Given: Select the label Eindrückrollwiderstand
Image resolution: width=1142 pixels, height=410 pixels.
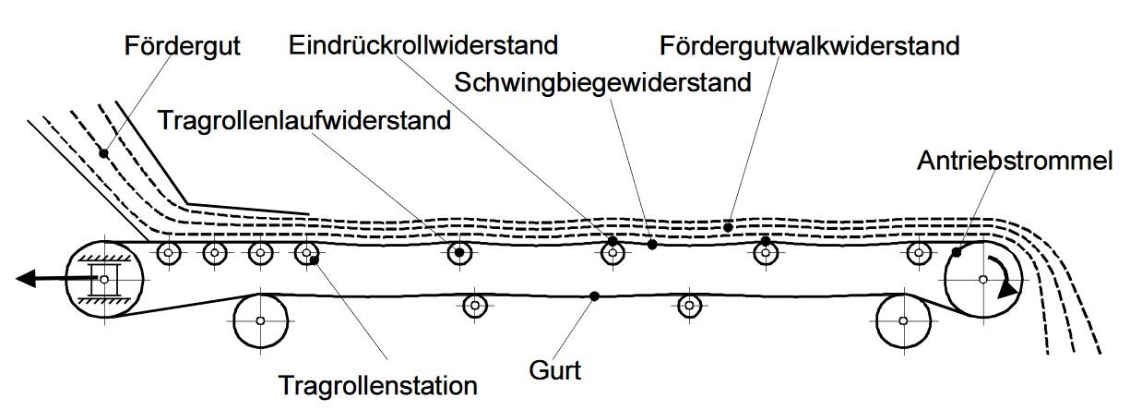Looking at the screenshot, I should [x=423, y=43].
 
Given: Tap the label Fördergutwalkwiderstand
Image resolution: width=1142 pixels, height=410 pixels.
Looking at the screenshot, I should [x=810, y=44].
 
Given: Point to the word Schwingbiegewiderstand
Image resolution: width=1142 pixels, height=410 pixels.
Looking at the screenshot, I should [x=603, y=83].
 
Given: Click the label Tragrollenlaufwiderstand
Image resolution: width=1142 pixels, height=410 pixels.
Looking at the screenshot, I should [x=304, y=120].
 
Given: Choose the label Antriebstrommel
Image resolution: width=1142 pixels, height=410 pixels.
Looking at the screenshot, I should [x=1015, y=161].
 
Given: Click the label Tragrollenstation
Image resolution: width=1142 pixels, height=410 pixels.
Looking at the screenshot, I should [x=377, y=384].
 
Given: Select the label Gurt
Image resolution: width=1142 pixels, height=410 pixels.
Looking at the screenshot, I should [x=555, y=371].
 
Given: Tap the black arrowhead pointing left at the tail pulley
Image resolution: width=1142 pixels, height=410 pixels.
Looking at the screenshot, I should [x=28, y=277].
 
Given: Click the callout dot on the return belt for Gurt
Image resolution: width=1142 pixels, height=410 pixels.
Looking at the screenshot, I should [x=594, y=295].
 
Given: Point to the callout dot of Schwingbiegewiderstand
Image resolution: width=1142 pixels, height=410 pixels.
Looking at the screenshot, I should [x=652, y=245].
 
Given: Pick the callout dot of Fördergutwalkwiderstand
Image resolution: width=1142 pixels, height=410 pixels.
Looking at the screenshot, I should [x=728, y=226].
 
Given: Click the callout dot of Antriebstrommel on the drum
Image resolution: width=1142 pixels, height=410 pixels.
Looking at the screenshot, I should [x=958, y=251].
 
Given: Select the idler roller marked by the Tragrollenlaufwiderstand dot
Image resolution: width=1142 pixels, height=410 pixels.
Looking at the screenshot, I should [x=458, y=252].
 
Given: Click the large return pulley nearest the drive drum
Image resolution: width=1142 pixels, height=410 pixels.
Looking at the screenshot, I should [x=903, y=321].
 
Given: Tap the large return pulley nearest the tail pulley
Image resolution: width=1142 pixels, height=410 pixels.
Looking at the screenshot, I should [x=261, y=321].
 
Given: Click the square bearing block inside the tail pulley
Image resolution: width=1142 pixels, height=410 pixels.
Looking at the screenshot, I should [x=103, y=279].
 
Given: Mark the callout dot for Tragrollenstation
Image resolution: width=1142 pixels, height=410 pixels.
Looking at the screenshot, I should [x=315, y=260].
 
